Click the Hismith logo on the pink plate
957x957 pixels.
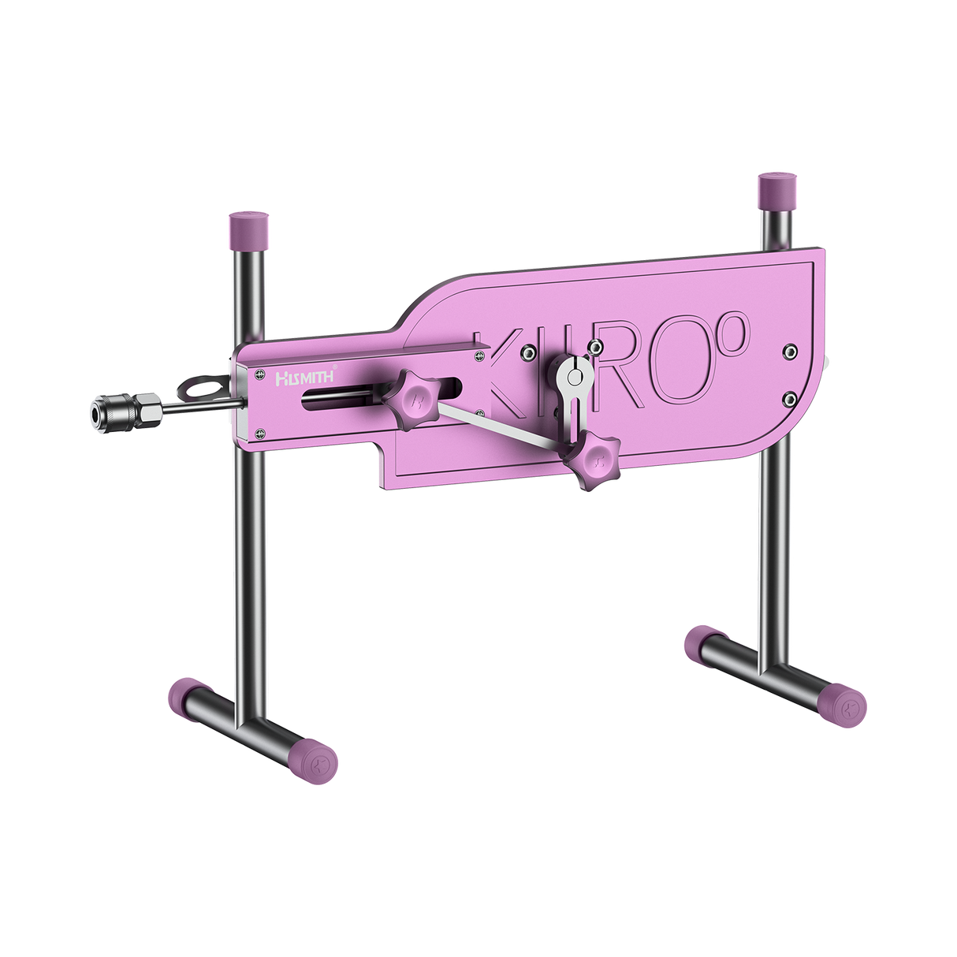click(x=304, y=378)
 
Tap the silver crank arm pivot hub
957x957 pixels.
click(x=576, y=376)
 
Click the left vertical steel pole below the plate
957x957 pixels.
click(x=246, y=568)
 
